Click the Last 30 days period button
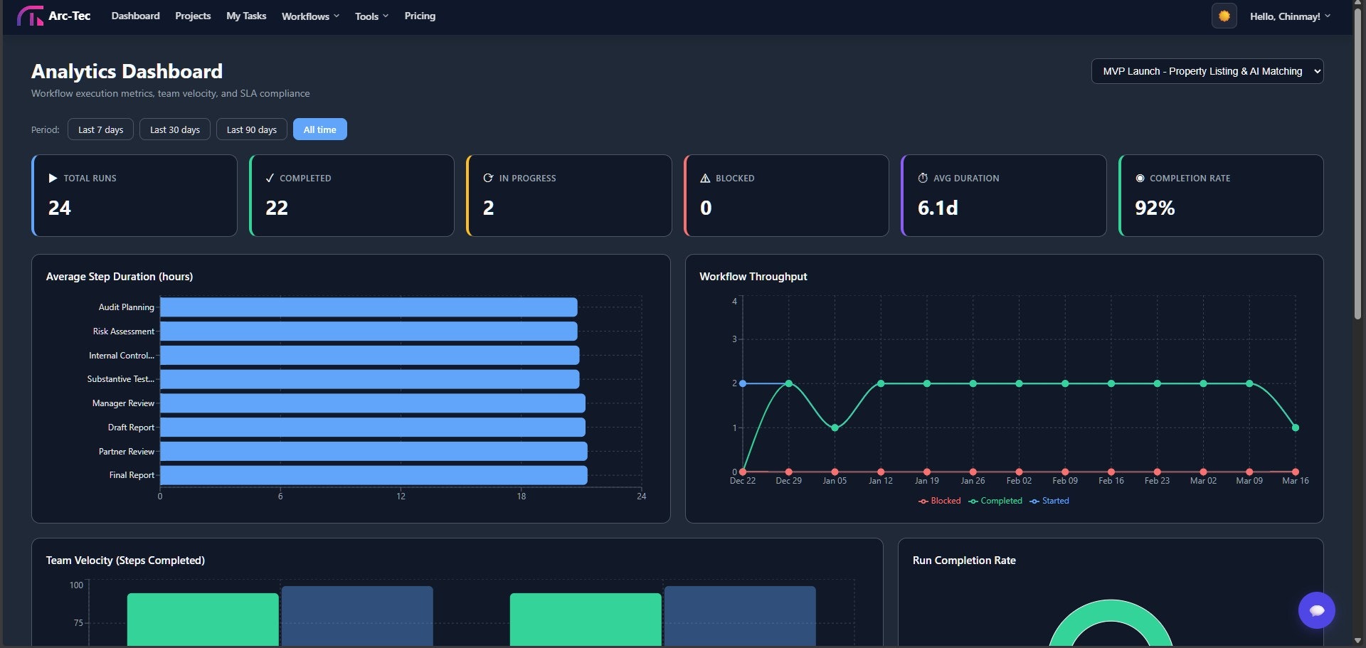pyautogui.click(x=175, y=129)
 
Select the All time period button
pyautogui.click(x=319, y=129)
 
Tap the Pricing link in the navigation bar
pyautogui.click(x=420, y=16)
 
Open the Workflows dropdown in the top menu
pyautogui.click(x=310, y=16)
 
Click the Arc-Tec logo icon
pyautogui.click(x=30, y=16)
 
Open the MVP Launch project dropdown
pyautogui.click(x=1207, y=71)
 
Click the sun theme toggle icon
pyautogui.click(x=1224, y=16)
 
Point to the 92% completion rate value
pyautogui.click(x=1155, y=208)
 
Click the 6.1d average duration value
pyautogui.click(x=938, y=208)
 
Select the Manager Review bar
pyautogui.click(x=372, y=403)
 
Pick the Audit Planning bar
pyautogui.click(x=369, y=307)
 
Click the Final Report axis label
pyautogui.click(x=132, y=475)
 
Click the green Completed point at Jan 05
pyautogui.click(x=835, y=427)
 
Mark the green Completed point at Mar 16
pyautogui.click(x=1295, y=427)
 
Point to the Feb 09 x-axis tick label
pyautogui.click(x=1065, y=481)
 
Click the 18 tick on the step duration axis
pyautogui.click(x=521, y=496)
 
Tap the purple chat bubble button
pyautogui.click(x=1316, y=610)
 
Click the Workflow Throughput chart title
pyautogui.click(x=753, y=277)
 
